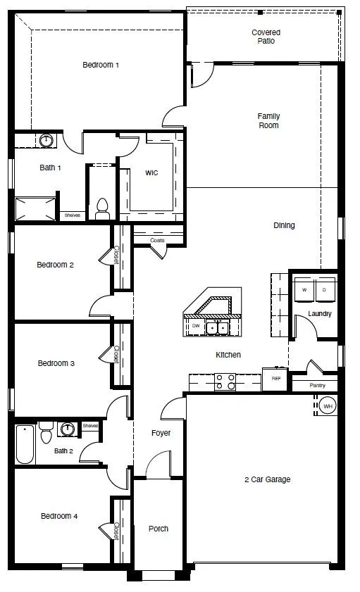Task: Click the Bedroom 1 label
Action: [x=101, y=65]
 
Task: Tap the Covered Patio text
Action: [x=266, y=37]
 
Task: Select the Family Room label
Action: [x=268, y=120]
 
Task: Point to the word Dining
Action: [x=284, y=226]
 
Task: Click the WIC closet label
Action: [x=151, y=172]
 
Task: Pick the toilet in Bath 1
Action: [x=102, y=206]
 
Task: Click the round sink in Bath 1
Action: [x=46, y=141]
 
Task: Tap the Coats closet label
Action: [x=158, y=241]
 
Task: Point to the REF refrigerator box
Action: [x=275, y=378]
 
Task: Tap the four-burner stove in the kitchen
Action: [x=225, y=382]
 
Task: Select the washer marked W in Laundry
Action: [x=304, y=289]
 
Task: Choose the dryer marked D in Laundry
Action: [x=324, y=289]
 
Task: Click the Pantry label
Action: [x=318, y=386]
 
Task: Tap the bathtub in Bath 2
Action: [x=25, y=445]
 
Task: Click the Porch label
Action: [x=159, y=529]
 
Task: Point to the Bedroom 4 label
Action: [x=59, y=516]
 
